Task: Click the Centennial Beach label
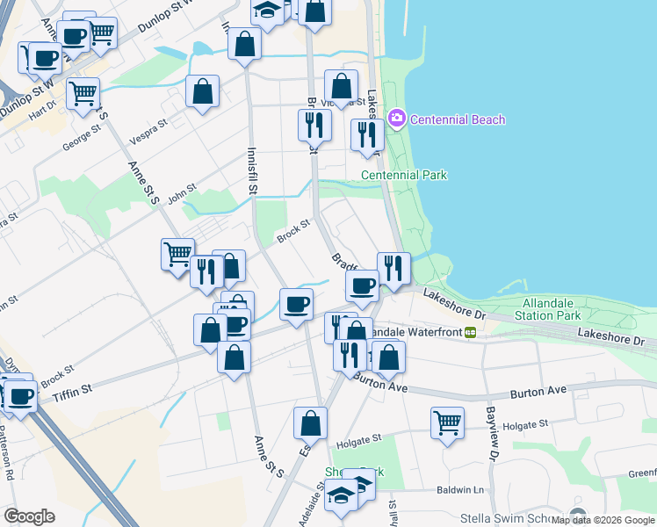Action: pos(458,119)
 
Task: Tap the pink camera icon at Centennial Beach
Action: pos(396,118)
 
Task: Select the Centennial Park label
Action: pos(404,175)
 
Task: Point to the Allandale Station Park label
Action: pos(546,308)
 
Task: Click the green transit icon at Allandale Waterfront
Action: pos(471,332)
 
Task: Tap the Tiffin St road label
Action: pos(74,387)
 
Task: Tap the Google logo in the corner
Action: pos(29,516)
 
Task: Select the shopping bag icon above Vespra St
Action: pos(202,91)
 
